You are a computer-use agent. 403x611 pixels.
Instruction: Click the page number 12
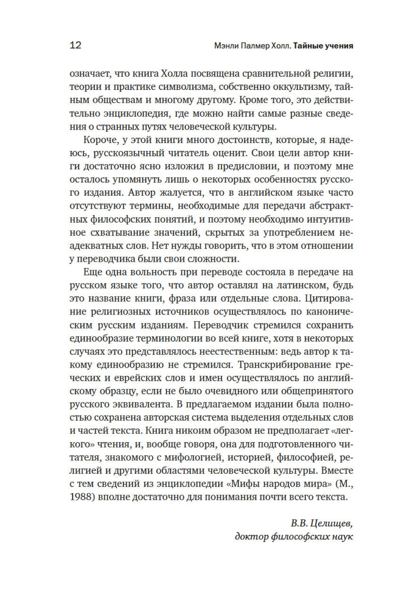point(75,45)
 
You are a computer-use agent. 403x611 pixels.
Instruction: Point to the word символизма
point(199,87)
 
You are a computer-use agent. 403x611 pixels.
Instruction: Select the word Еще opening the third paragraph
point(92,272)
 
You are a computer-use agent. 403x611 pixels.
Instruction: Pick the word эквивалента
point(140,404)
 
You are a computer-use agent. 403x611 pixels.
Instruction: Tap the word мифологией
point(192,458)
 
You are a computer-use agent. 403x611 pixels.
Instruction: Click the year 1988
point(82,497)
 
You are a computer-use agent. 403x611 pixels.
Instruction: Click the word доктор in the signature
point(251,537)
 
